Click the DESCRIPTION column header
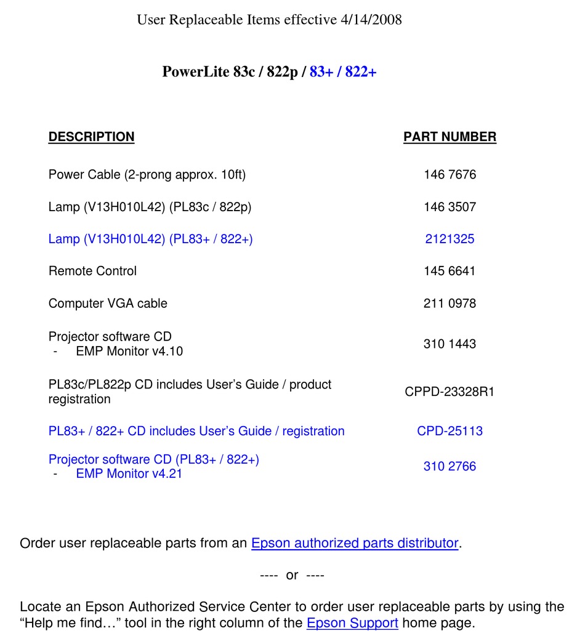[x=91, y=137]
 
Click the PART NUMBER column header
[x=450, y=137]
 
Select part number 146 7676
[x=450, y=175]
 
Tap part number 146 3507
[x=450, y=207]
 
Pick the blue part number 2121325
[x=450, y=239]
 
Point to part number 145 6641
[x=450, y=271]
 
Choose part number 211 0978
[x=450, y=304]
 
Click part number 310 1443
[x=450, y=344]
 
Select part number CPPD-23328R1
[x=450, y=392]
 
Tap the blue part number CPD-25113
[x=450, y=431]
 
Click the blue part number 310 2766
[x=450, y=467]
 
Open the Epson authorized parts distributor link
[x=355, y=544]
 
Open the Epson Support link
[x=352, y=622]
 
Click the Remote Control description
[x=92, y=271]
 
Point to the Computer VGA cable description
[x=108, y=304]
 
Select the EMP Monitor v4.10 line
[x=129, y=352]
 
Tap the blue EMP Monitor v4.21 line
[x=129, y=474]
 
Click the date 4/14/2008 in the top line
[x=371, y=20]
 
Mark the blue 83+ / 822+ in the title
[x=343, y=72]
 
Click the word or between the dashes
[x=292, y=576]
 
